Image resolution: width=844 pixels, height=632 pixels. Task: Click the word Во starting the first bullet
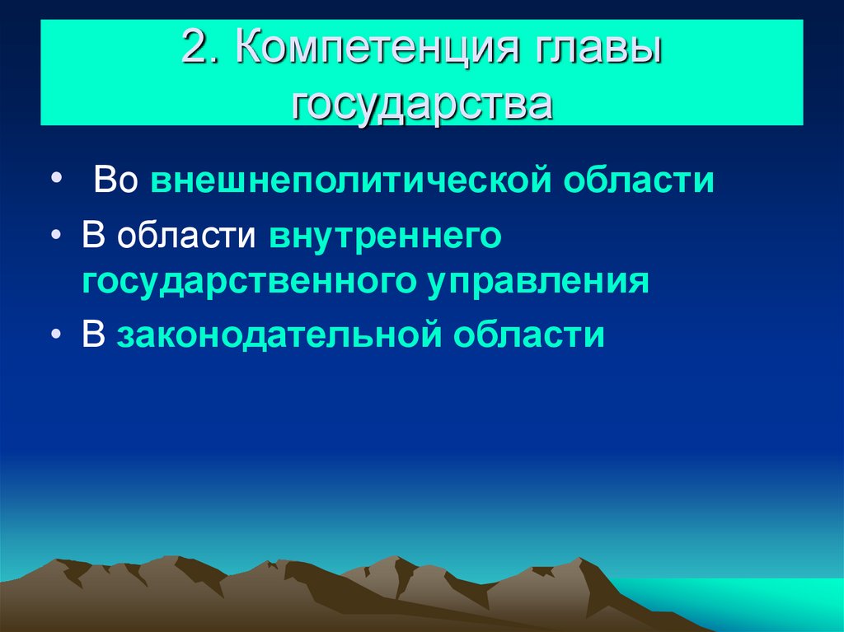coord(115,180)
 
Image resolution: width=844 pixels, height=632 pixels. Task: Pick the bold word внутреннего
coord(385,236)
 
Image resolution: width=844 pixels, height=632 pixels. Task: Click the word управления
coord(538,282)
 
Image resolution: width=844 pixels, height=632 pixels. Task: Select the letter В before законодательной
coord(92,336)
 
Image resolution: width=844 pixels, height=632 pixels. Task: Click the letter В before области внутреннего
coord(92,236)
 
